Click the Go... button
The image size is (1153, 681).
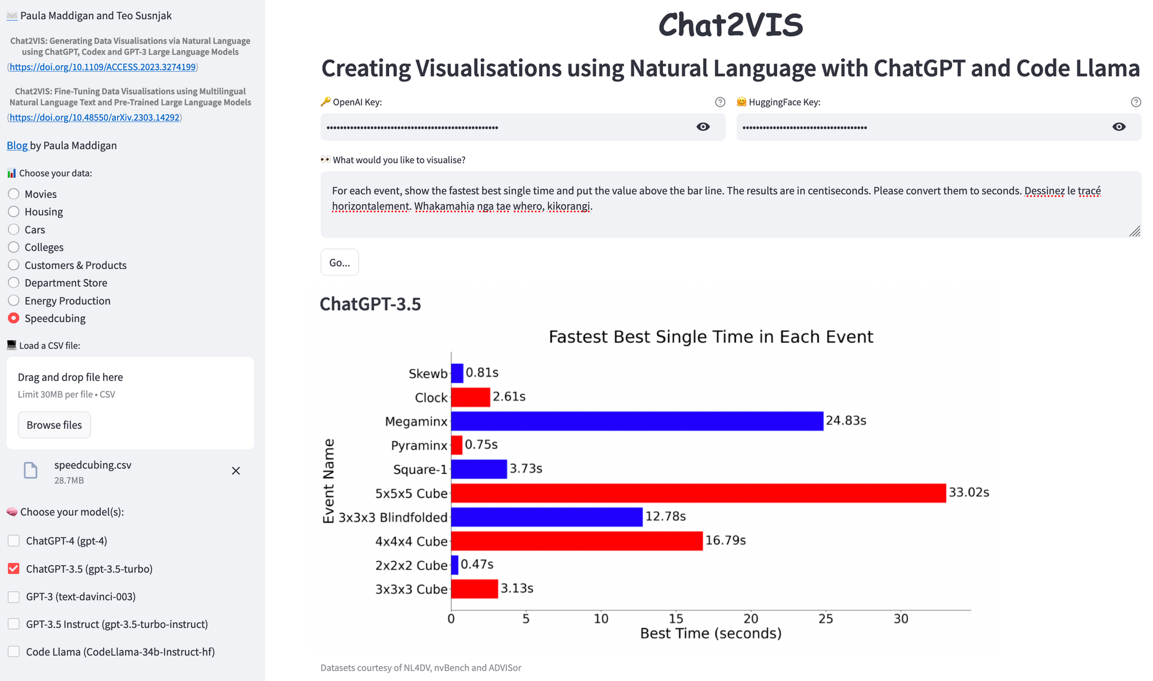pos(340,262)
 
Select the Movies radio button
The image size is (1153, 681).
pos(14,194)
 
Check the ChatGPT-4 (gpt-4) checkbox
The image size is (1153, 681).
pos(14,541)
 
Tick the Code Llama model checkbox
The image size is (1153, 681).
pos(14,652)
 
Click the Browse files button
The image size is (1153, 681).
pos(54,425)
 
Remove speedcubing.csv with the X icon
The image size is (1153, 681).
pos(236,471)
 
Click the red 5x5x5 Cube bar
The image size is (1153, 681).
pos(698,493)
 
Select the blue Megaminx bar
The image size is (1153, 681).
pos(637,421)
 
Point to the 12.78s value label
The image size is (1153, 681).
pos(665,517)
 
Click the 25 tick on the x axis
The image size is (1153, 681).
pos(826,619)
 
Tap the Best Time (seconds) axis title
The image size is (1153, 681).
pos(711,634)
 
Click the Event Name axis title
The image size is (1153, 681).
pos(329,481)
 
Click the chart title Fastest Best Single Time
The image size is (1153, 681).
pos(711,337)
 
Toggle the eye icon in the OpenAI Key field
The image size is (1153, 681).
pos(703,127)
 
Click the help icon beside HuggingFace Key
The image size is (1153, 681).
pos(1136,102)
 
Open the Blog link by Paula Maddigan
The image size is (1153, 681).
pos(17,145)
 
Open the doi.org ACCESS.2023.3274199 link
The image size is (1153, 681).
pos(103,67)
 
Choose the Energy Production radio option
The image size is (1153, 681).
pos(14,300)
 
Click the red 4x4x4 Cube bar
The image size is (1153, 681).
pos(576,541)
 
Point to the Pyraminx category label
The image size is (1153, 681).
pos(419,445)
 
